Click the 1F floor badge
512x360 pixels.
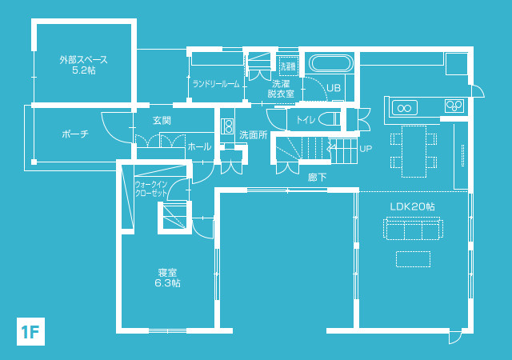click(x=30, y=331)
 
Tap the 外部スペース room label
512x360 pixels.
click(x=83, y=60)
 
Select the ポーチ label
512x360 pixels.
click(x=75, y=134)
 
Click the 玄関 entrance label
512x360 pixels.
click(x=162, y=121)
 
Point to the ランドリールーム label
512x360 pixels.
click(x=216, y=84)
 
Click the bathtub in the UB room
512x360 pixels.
click(x=331, y=63)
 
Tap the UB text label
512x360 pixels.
click(x=334, y=88)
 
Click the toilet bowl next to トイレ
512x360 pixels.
click(x=330, y=119)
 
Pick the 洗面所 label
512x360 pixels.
click(x=254, y=135)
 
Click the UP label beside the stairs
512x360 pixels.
click(x=366, y=149)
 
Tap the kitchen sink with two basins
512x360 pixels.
click(x=405, y=108)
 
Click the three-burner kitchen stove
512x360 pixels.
click(x=454, y=105)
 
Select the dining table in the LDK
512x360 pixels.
click(x=414, y=151)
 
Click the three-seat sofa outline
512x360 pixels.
click(x=413, y=228)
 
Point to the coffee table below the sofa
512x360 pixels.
click(x=413, y=259)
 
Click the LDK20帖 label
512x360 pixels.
click(x=413, y=206)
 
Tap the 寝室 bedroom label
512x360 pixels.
click(x=167, y=273)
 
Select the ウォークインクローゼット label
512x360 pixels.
click(x=151, y=189)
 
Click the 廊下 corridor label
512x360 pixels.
click(x=318, y=177)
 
